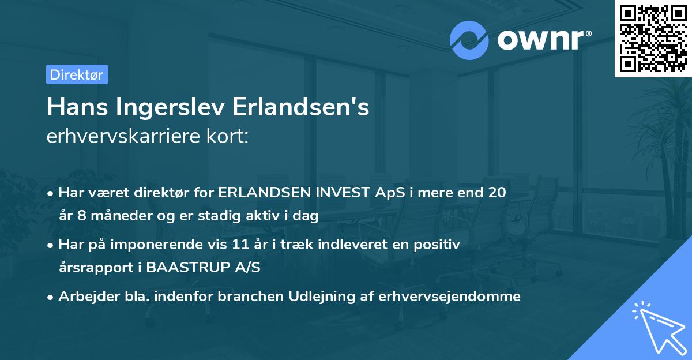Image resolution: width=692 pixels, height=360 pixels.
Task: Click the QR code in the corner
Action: pyautogui.click(x=653, y=39)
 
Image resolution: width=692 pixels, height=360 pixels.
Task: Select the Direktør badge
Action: pyautogui.click(x=77, y=74)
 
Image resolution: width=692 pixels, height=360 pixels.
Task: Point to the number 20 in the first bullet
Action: pyautogui.click(x=497, y=193)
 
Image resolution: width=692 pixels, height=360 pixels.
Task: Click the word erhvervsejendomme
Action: pyautogui.click(x=450, y=297)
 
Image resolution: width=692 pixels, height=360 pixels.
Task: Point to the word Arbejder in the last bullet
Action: pyautogui.click(x=84, y=297)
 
